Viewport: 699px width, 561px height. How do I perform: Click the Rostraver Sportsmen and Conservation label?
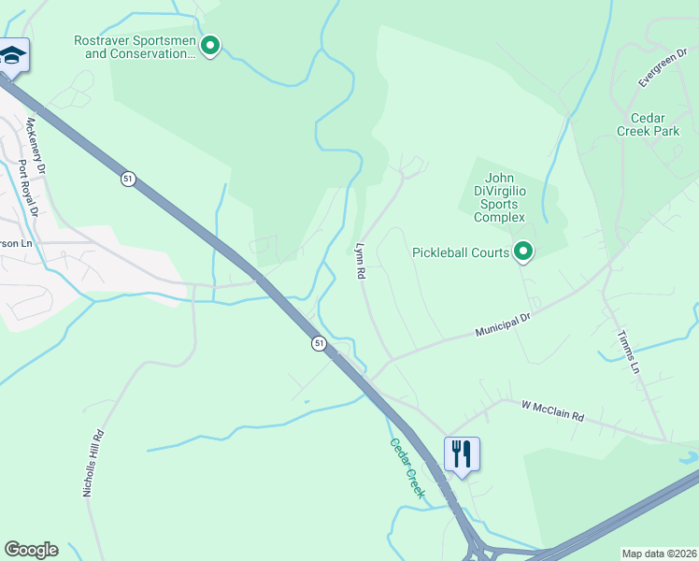[x=135, y=47]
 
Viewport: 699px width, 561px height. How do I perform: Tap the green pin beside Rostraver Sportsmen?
[x=210, y=44]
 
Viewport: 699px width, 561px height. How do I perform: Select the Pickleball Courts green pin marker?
[x=524, y=252]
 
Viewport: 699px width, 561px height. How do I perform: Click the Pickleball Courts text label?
[x=461, y=252]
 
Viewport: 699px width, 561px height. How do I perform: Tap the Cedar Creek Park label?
[x=654, y=124]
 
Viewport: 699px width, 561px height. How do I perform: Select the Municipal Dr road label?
[x=503, y=325]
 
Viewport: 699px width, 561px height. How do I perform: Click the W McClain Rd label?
[x=552, y=410]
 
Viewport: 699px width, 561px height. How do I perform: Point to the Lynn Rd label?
[x=359, y=261]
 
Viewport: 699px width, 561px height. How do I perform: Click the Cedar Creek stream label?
[x=407, y=467]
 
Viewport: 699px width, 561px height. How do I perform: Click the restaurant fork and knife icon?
[x=462, y=454]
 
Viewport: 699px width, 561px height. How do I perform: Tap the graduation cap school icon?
[x=12, y=56]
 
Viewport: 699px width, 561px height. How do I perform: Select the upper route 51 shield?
[x=128, y=178]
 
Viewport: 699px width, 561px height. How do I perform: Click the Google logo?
[x=31, y=550]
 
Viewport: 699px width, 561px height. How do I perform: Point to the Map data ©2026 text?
[x=658, y=554]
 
